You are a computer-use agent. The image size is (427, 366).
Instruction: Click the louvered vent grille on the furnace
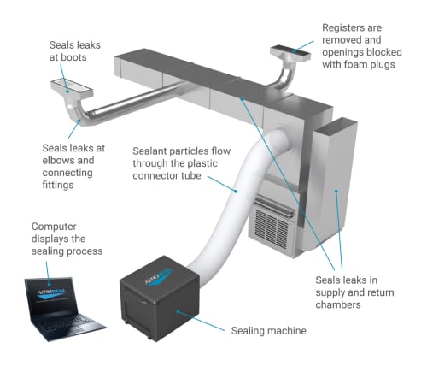tap(271, 227)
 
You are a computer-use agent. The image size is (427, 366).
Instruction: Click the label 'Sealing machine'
tap(268, 329)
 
